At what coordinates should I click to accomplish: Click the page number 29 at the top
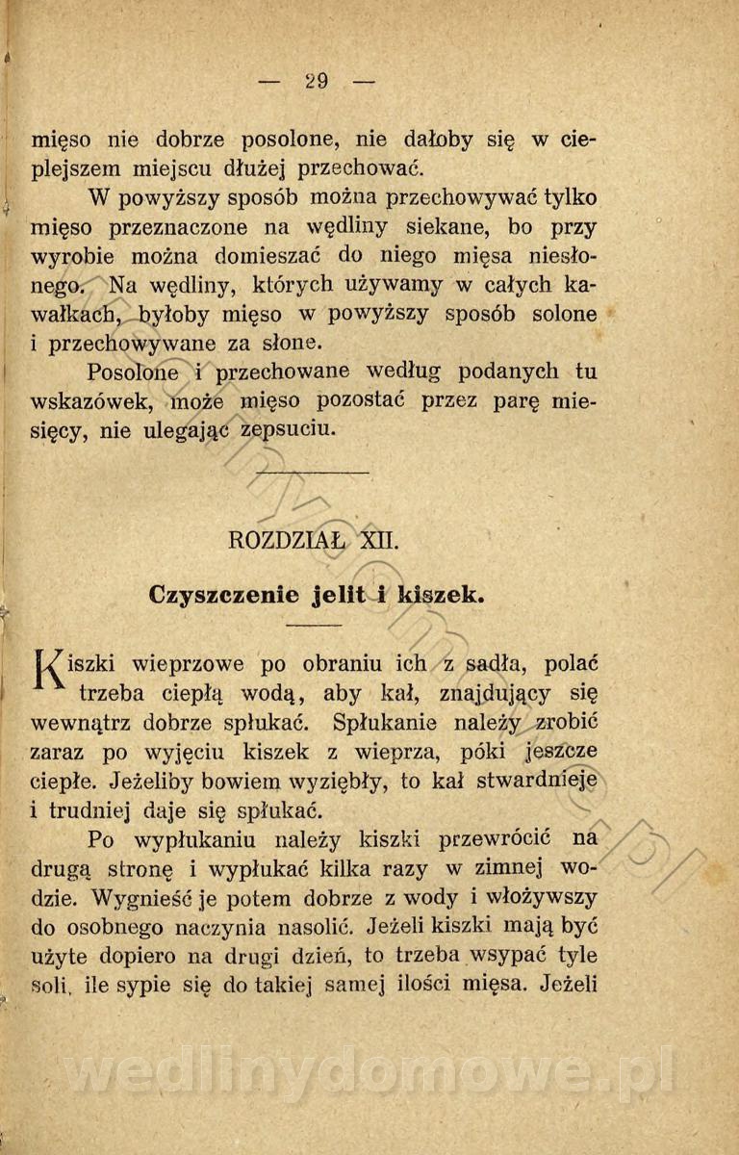[317, 81]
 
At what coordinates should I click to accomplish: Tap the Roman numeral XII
[378, 540]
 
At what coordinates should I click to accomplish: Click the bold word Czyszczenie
[224, 595]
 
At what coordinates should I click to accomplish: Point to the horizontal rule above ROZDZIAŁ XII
[314, 473]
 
